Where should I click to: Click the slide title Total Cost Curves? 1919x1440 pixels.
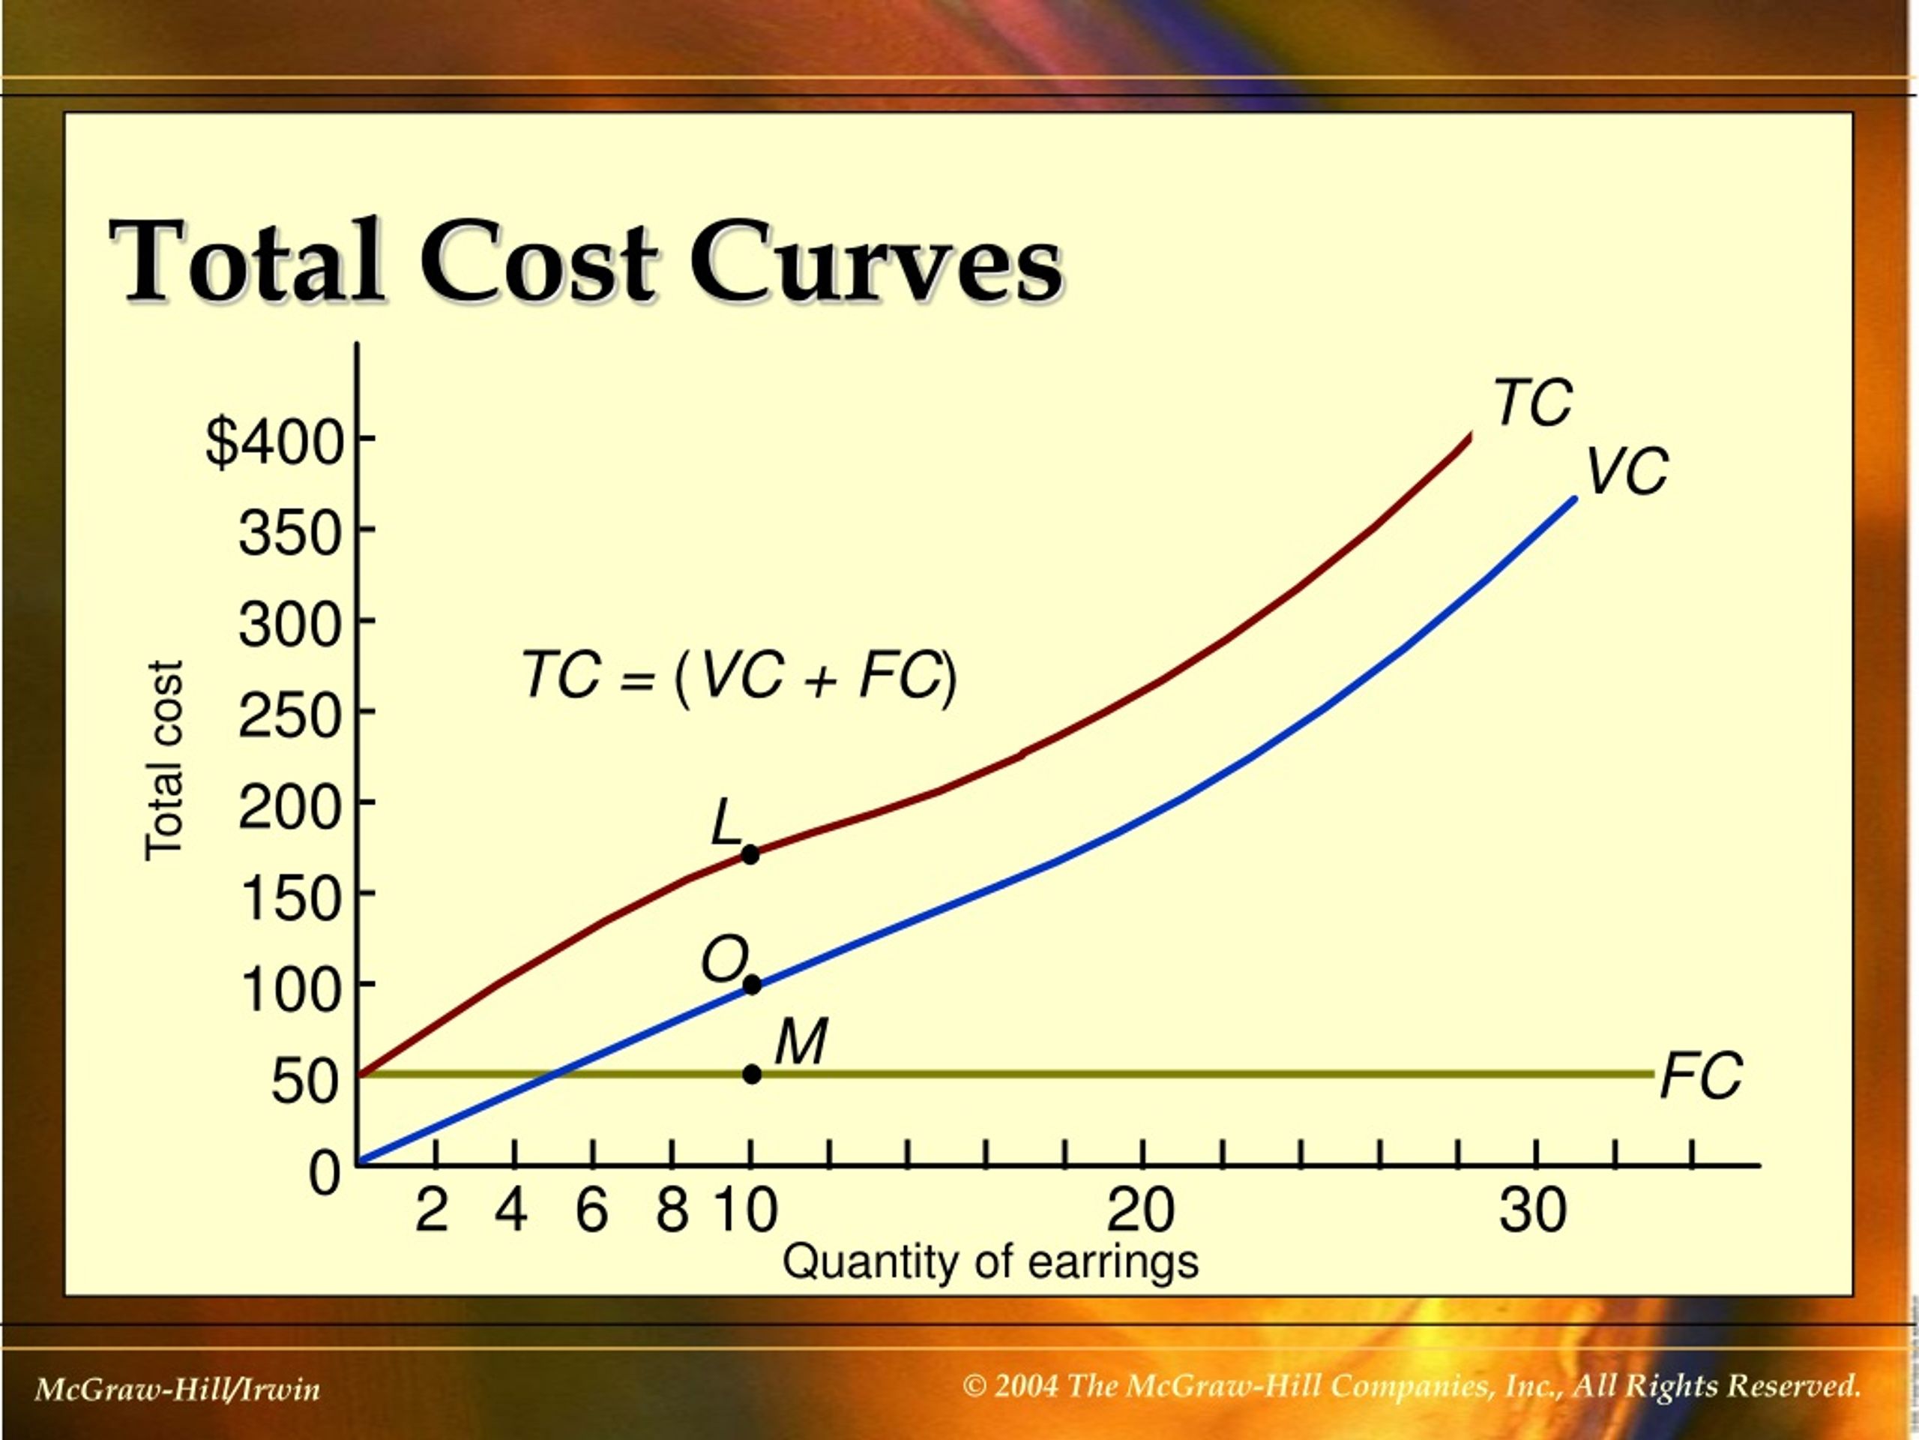point(585,261)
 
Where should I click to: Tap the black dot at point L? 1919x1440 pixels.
point(750,855)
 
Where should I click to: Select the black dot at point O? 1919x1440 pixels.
point(752,985)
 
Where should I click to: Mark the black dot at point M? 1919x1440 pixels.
point(752,1075)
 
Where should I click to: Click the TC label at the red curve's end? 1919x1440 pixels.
point(1533,403)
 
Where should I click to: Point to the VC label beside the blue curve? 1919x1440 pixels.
point(1627,472)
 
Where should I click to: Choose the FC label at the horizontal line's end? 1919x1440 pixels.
point(1700,1076)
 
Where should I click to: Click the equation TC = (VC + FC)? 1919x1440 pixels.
point(739,676)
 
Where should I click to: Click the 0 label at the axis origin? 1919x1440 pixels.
point(325,1174)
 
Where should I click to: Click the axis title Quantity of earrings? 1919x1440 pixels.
point(991,1262)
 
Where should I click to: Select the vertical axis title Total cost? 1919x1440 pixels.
point(165,760)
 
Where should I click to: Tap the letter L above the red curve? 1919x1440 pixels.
point(726,823)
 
